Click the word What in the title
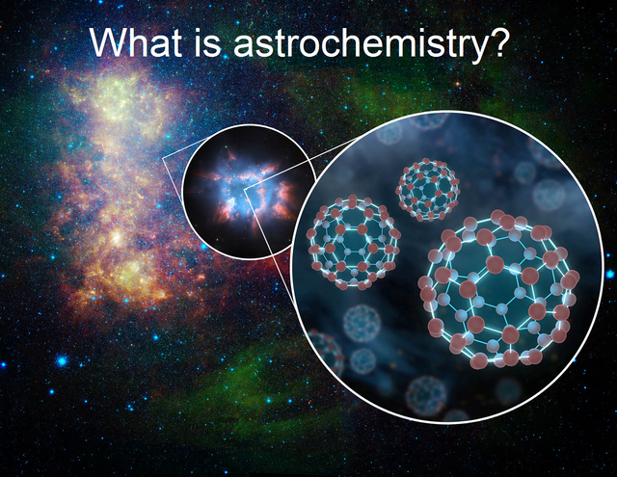pyautogui.click(x=136, y=41)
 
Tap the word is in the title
pyautogui.click(x=207, y=41)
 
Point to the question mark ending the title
pyautogui.click(x=497, y=41)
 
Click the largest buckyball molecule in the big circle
pyautogui.click(x=499, y=290)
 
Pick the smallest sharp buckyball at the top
pyautogui.click(x=428, y=189)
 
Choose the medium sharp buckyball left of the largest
pyautogui.click(x=352, y=242)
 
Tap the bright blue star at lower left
pyautogui.click(x=62, y=360)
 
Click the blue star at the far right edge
pyautogui.click(x=610, y=274)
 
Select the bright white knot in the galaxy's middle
pyautogui.click(x=117, y=237)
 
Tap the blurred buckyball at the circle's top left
pyautogui.click(x=389, y=133)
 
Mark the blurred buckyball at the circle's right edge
pyautogui.click(x=550, y=195)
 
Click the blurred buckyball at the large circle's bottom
pyautogui.click(x=426, y=396)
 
